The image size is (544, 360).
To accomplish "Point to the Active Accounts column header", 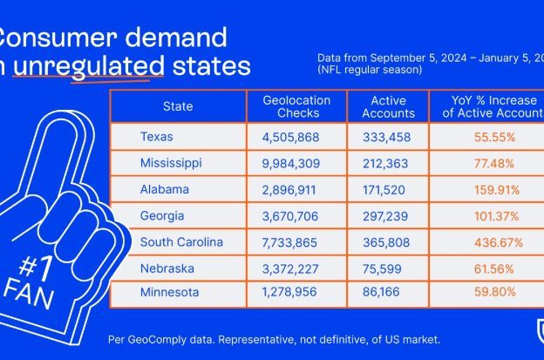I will click(383, 106).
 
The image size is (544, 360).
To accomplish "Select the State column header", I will click(178, 106).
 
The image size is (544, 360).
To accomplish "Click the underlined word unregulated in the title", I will click(90, 66).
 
